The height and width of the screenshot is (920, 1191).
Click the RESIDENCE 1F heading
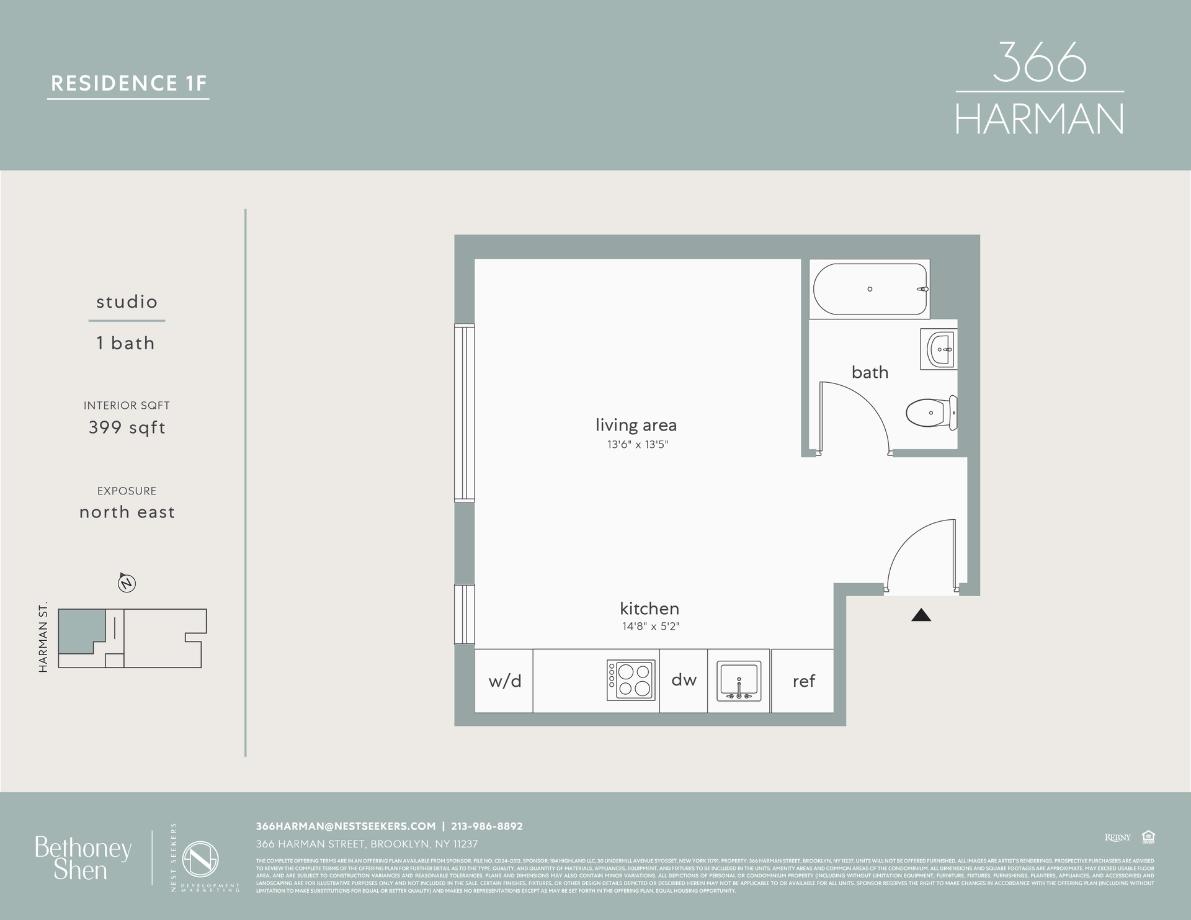[x=128, y=83]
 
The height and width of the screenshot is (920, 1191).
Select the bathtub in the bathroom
[x=870, y=289]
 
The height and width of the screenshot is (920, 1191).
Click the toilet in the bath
[x=930, y=413]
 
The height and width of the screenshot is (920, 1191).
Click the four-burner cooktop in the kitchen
[x=631, y=680]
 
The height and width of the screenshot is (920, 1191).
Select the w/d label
[x=504, y=681]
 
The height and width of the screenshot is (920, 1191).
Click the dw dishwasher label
[x=684, y=680]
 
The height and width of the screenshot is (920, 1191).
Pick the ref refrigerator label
[x=803, y=681]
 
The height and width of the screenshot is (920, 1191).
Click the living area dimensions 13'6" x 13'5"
[x=637, y=444]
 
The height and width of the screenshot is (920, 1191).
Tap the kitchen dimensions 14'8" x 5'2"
[x=650, y=627]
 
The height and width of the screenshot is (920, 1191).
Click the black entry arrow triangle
[x=921, y=615]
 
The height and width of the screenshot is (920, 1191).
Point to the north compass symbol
[x=127, y=583]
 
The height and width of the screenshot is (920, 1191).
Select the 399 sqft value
[x=127, y=427]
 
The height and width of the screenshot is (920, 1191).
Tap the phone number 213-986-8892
[x=486, y=826]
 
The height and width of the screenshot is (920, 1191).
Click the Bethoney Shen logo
[x=83, y=858]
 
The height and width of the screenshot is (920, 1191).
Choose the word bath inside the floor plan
[x=870, y=372]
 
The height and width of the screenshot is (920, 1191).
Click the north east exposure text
[x=127, y=512]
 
